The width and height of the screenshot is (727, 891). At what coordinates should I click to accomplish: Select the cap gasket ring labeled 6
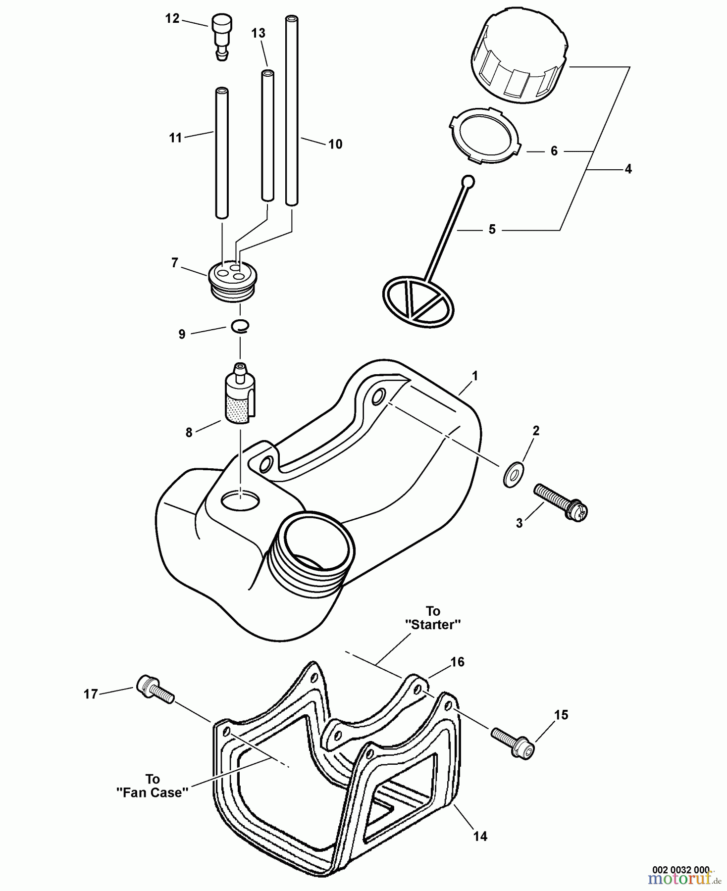click(485, 135)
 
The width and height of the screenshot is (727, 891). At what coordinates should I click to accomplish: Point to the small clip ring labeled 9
click(240, 325)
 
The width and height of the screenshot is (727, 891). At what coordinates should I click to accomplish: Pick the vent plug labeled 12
click(222, 36)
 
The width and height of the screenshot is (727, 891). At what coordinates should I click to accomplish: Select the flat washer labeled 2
click(512, 475)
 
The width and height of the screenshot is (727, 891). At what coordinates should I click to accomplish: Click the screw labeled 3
click(560, 501)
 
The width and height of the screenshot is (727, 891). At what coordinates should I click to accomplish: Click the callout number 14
click(480, 836)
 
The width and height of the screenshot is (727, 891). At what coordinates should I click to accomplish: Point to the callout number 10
click(335, 144)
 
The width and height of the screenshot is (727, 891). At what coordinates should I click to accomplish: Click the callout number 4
click(628, 169)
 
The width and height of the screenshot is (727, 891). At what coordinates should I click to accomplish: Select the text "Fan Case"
click(153, 792)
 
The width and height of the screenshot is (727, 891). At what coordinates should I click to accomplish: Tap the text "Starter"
click(433, 625)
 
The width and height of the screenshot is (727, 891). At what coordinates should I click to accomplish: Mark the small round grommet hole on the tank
click(240, 501)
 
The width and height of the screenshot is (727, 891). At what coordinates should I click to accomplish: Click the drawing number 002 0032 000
click(680, 870)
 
